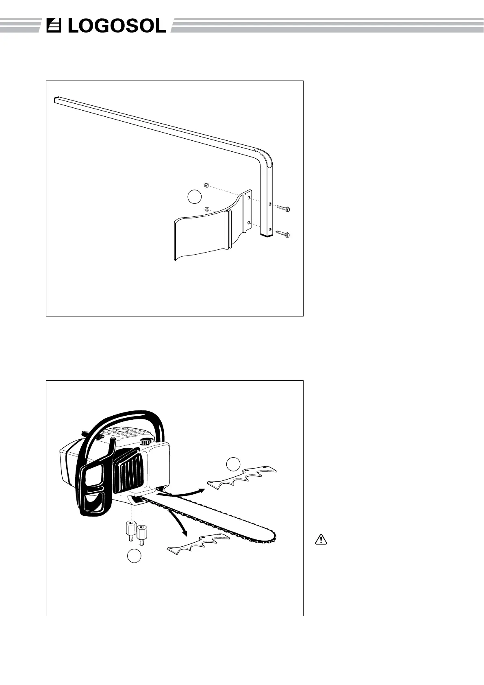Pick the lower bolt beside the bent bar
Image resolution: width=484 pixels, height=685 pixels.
283,234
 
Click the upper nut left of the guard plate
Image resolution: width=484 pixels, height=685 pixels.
206,185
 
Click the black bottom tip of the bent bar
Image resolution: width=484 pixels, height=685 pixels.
266,235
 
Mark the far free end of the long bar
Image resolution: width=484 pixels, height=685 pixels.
56,99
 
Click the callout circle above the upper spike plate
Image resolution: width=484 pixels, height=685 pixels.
233,464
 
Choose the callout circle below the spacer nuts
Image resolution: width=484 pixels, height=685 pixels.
135,556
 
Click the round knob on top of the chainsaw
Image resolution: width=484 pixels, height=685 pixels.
145,442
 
